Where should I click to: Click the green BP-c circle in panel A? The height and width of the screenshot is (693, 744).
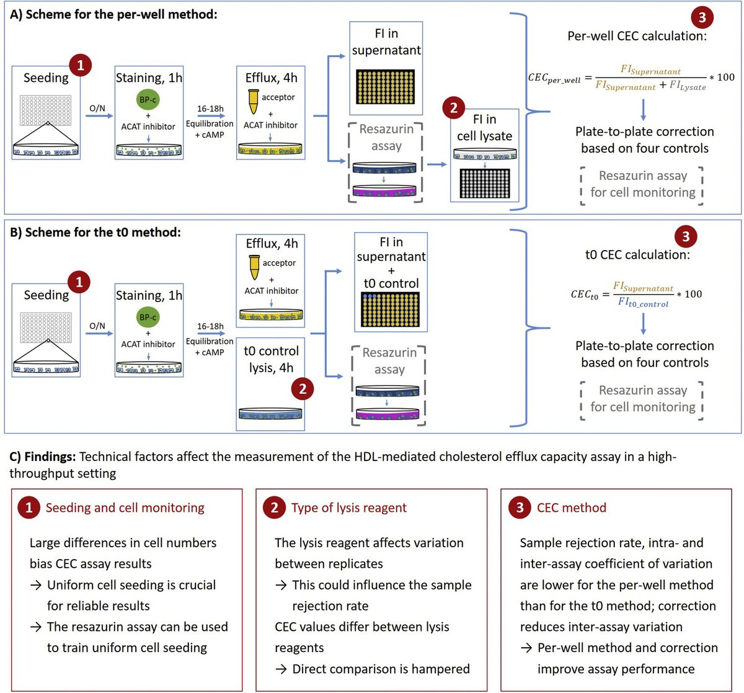[x=148, y=99]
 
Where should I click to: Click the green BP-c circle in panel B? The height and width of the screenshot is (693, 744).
[x=148, y=317]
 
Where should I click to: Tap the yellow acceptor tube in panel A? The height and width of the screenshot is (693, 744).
[x=252, y=102]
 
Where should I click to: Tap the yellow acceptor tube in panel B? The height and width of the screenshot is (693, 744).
[x=253, y=267]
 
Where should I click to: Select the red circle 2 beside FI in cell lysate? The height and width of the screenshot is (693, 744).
[x=454, y=108]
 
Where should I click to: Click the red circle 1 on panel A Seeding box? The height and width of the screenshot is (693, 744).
[x=81, y=65]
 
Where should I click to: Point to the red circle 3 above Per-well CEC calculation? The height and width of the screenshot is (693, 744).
[x=702, y=17]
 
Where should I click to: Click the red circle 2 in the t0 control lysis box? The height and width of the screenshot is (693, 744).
[x=303, y=389]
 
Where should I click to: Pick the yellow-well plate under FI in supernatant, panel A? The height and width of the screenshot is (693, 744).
[x=386, y=86]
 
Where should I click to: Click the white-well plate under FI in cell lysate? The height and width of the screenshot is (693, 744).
[x=484, y=184]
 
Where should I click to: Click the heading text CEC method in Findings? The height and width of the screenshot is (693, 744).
[x=572, y=507]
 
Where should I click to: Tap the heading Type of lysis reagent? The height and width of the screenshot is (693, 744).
[x=349, y=507]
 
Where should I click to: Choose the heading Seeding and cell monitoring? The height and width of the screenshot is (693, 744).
[x=125, y=507]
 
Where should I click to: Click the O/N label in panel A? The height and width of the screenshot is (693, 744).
[x=97, y=108]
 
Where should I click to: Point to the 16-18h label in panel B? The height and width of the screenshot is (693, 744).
[x=210, y=326]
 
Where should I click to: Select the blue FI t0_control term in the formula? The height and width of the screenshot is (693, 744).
[x=643, y=303]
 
